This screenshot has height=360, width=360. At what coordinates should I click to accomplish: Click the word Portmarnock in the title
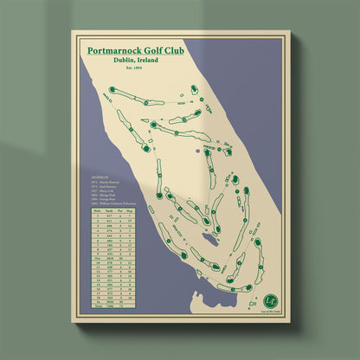(x=116, y=51)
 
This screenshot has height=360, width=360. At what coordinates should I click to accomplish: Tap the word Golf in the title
(x=158, y=51)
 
